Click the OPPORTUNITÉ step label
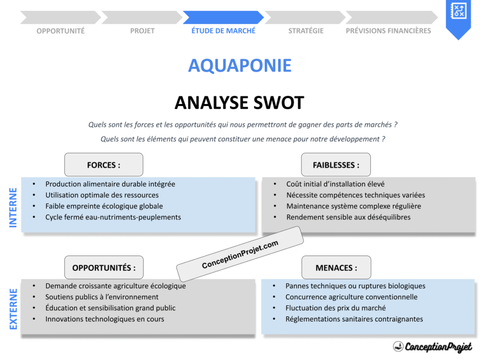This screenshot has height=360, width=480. pyautogui.click(x=60, y=31)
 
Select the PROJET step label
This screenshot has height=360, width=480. pyautogui.click(x=142, y=31)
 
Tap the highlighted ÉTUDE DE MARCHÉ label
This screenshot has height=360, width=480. pyautogui.click(x=223, y=31)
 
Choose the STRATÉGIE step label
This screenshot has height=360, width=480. pyautogui.click(x=306, y=31)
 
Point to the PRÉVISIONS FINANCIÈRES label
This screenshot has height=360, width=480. pyautogui.click(x=388, y=31)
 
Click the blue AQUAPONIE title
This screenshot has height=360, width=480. pyautogui.click(x=240, y=66)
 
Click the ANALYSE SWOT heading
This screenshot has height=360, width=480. pyautogui.click(x=239, y=103)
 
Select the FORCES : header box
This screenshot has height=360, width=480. pyautogui.click(x=104, y=165)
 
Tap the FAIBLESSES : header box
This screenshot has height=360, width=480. pyautogui.click(x=336, y=165)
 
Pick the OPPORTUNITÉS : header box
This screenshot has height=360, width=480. pyautogui.click(x=104, y=268)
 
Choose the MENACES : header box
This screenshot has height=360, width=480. pyautogui.click(x=336, y=268)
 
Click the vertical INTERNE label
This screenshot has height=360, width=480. pyautogui.click(x=13, y=208)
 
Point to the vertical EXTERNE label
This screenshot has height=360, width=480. pyautogui.click(x=13, y=309)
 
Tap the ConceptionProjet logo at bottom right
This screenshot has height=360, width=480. pyautogui.click(x=432, y=347)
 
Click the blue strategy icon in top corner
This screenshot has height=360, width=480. pyautogui.click(x=457, y=11)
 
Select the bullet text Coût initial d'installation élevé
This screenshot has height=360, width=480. pyautogui.click(x=335, y=184)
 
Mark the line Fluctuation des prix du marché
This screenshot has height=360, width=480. pyautogui.click(x=335, y=308)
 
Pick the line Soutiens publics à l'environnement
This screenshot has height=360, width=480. pyautogui.click(x=102, y=297)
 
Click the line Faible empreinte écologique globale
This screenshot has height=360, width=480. pyautogui.click(x=104, y=206)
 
